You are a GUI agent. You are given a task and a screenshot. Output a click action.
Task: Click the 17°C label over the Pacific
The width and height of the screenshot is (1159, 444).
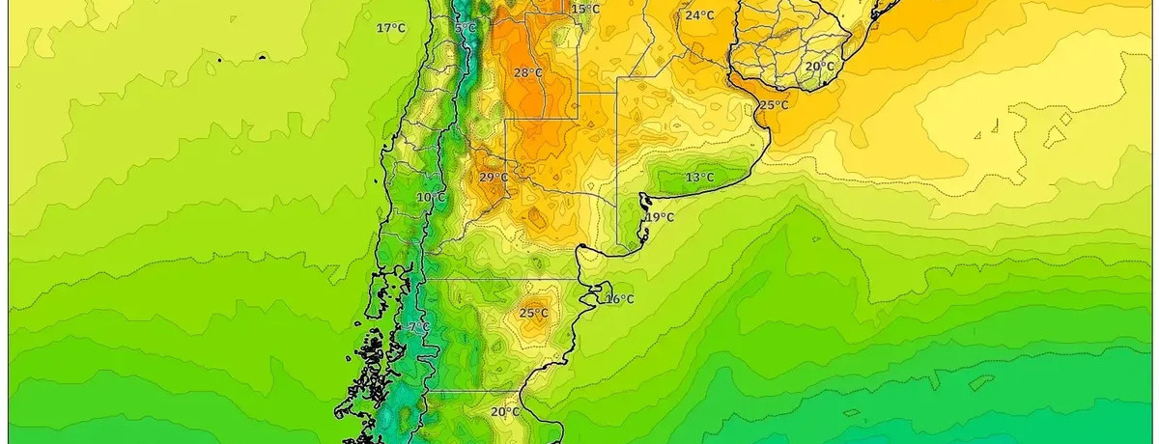pyautogui.click(x=391, y=28)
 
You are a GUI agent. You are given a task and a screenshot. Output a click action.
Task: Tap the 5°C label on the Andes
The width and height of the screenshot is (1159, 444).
pyautogui.click(x=466, y=28)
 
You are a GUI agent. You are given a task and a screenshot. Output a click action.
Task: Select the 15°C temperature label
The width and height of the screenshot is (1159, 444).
pyautogui.click(x=585, y=10)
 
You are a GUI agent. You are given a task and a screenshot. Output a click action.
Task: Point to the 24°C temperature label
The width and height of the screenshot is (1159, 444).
pyautogui.click(x=700, y=15)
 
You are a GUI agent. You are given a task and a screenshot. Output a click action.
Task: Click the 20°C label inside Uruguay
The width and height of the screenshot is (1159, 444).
pyautogui.click(x=820, y=67)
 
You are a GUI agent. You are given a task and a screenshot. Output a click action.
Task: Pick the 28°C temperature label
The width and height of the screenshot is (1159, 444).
pyautogui.click(x=527, y=73)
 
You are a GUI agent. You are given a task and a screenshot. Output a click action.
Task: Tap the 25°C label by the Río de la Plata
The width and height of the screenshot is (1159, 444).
pyautogui.click(x=773, y=105)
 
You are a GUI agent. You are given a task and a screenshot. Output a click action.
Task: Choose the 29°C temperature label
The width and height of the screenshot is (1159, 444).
pyautogui.click(x=494, y=178)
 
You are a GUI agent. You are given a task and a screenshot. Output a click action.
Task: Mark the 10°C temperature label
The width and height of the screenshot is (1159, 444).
pyautogui.click(x=431, y=198)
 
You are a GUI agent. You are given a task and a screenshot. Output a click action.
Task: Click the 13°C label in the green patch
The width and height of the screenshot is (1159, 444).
pyautogui.click(x=699, y=178)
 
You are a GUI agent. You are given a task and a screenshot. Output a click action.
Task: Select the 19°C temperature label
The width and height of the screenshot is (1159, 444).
pyautogui.click(x=661, y=217)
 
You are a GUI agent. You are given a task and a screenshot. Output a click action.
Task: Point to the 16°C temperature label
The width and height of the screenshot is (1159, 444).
pyautogui.click(x=619, y=299)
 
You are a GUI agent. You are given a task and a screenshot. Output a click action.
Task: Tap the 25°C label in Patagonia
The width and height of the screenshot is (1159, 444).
pyautogui.click(x=533, y=314)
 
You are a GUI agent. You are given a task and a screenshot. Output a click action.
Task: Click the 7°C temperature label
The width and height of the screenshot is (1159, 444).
pyautogui.click(x=419, y=328)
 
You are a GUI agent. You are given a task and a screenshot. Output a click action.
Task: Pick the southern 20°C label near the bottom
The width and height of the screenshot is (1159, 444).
pyautogui.click(x=504, y=412)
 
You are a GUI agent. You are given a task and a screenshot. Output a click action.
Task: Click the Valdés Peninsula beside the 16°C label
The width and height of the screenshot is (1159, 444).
pyautogui.click(x=601, y=291)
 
